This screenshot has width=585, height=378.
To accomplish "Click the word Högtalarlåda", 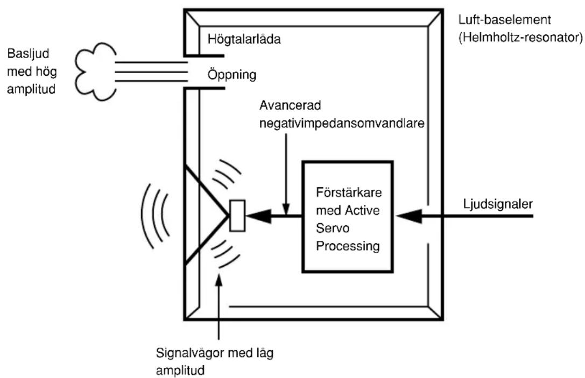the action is pyautogui.click(x=244, y=39).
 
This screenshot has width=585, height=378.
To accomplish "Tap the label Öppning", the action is pyautogui.click(x=232, y=75).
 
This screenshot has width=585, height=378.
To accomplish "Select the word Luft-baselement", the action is pyautogui.click(x=505, y=19).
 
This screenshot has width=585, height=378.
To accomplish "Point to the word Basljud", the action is pyautogui.click(x=28, y=54).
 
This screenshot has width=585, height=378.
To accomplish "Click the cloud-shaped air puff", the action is pyautogui.click(x=95, y=71).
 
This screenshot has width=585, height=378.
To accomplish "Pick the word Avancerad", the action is pyautogui.click(x=290, y=105).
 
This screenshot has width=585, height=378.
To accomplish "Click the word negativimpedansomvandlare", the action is pyautogui.click(x=342, y=123).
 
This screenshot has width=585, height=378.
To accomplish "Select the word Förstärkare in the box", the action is pyautogui.click(x=349, y=192).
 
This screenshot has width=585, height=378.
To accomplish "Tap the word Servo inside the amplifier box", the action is pyautogui.click(x=333, y=228).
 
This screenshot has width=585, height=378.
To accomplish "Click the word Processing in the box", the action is pyautogui.click(x=348, y=246).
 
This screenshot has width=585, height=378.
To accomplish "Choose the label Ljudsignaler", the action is pyautogui.click(x=498, y=204).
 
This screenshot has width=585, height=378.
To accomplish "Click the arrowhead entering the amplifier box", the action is pyautogui.click(x=408, y=216).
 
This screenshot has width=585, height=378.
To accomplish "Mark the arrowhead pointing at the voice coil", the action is pyautogui.click(x=258, y=216).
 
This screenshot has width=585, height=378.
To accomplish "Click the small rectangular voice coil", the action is pyautogui.click(x=237, y=216).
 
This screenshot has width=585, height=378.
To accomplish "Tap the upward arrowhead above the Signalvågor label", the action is pyautogui.click(x=219, y=280).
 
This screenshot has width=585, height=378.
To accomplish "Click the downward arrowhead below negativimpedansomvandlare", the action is pyautogui.click(x=286, y=209).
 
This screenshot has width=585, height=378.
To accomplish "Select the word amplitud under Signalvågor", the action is pyautogui.click(x=180, y=370).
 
